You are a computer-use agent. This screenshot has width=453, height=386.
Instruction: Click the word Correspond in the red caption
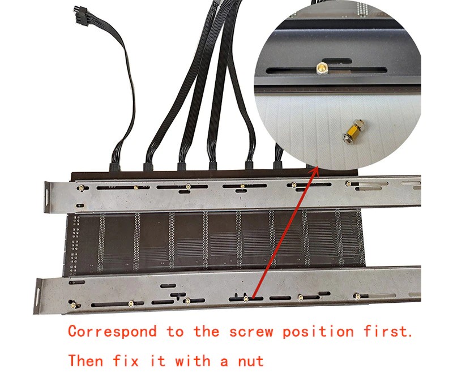pyautogui.click(x=112, y=332)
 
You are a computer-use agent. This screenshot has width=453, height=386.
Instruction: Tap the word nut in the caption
pyautogui.click(x=251, y=361)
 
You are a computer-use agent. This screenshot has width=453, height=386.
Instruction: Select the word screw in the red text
pyautogui.click(x=251, y=332)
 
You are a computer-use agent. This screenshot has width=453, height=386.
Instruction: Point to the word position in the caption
pyautogui.click(x=318, y=332)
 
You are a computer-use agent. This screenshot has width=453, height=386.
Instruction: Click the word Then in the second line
pyautogui.click(x=86, y=361)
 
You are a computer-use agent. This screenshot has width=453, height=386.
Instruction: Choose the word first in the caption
pyautogui.click(x=388, y=331)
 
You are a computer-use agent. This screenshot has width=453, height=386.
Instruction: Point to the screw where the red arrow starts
pyautogui.click(x=246, y=298)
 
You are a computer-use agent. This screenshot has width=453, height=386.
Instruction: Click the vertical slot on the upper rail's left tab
pyautogui.click(x=46, y=197)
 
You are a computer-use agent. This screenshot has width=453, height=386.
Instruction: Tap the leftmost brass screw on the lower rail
pyautogui.click(x=72, y=304)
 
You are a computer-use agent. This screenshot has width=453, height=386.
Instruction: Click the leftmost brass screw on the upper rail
pyautogui.click(x=81, y=188)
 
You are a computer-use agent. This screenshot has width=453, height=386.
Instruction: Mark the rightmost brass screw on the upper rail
pyautogui.click(x=349, y=183)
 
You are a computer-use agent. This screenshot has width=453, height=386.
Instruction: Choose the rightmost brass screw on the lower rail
pyautogui.click(x=358, y=295)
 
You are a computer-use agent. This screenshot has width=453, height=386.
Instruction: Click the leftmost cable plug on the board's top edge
pyautogui.click(x=114, y=167)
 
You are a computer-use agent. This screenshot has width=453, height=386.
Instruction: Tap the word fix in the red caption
pyautogui.click(x=126, y=361)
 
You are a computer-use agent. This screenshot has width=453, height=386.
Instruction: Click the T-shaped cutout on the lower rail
pyautogui.click(x=177, y=295)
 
